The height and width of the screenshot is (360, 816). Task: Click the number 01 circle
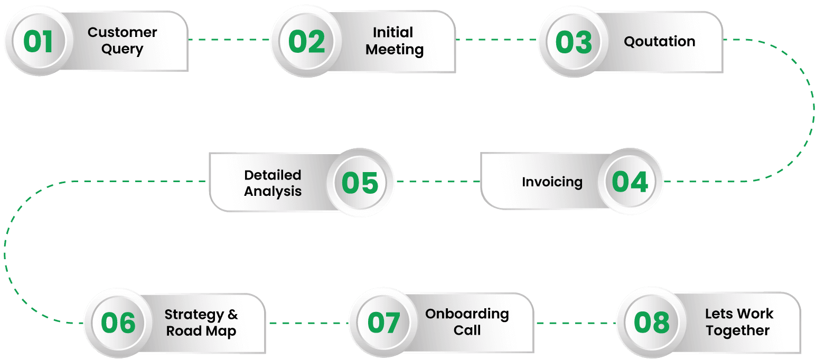[38, 41]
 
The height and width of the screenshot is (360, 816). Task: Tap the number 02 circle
[306, 41]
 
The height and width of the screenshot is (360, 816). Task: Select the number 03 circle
[574, 42]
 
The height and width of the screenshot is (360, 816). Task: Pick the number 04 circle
[630, 182]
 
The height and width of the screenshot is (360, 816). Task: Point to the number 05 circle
[360, 183]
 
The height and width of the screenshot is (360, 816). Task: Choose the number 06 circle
[118, 323]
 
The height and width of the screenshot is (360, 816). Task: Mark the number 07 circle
[383, 323]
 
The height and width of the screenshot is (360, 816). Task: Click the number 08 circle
[651, 322]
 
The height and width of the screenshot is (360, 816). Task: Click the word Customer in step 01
[122, 32]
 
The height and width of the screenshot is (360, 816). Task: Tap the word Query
[122, 50]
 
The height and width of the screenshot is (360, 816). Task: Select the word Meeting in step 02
[394, 50]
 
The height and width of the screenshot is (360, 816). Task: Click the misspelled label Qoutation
[659, 41]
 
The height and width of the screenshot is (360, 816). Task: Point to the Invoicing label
[552, 182]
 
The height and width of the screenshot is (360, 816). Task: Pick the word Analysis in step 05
[273, 191]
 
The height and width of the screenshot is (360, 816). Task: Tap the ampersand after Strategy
[232, 315]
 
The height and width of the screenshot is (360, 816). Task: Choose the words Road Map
[201, 331]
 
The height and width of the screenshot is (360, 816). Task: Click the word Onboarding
[467, 314]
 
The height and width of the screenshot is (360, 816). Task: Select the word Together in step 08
[737, 331]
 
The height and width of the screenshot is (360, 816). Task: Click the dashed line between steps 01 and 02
[229, 40]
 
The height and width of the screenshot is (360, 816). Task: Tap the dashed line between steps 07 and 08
[575, 322]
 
